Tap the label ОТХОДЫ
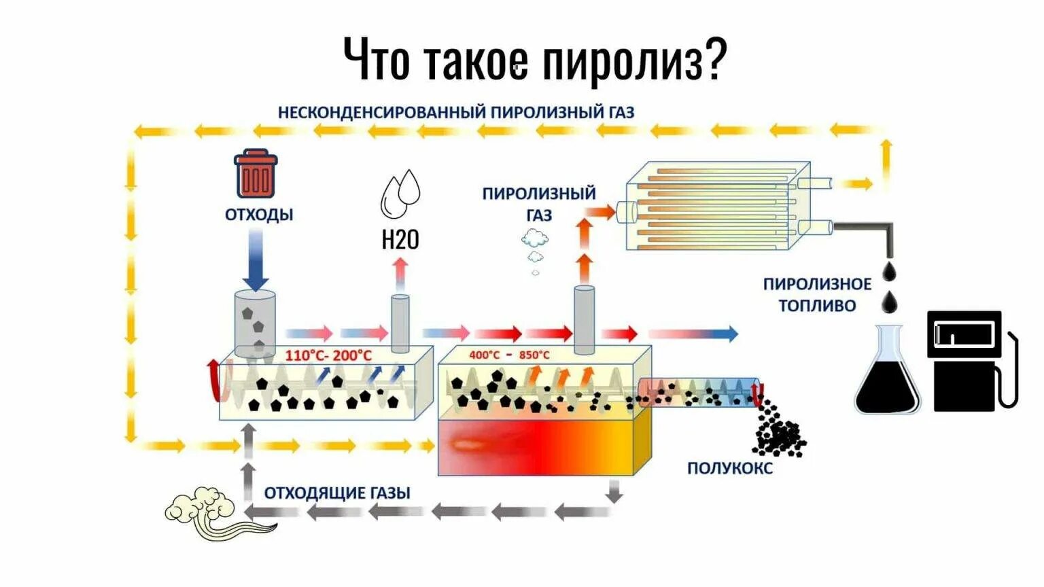point(259,215)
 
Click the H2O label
point(400,240)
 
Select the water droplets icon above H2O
point(400,192)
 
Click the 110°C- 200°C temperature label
point(328,355)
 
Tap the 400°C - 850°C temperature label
point(509,355)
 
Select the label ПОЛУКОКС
point(729,468)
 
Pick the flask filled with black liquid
point(887,374)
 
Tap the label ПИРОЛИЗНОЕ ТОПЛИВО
point(817,295)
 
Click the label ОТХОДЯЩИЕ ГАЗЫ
point(337,493)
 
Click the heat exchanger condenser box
point(717,206)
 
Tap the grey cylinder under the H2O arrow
point(400,323)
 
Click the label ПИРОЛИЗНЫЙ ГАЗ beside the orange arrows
point(538,204)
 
